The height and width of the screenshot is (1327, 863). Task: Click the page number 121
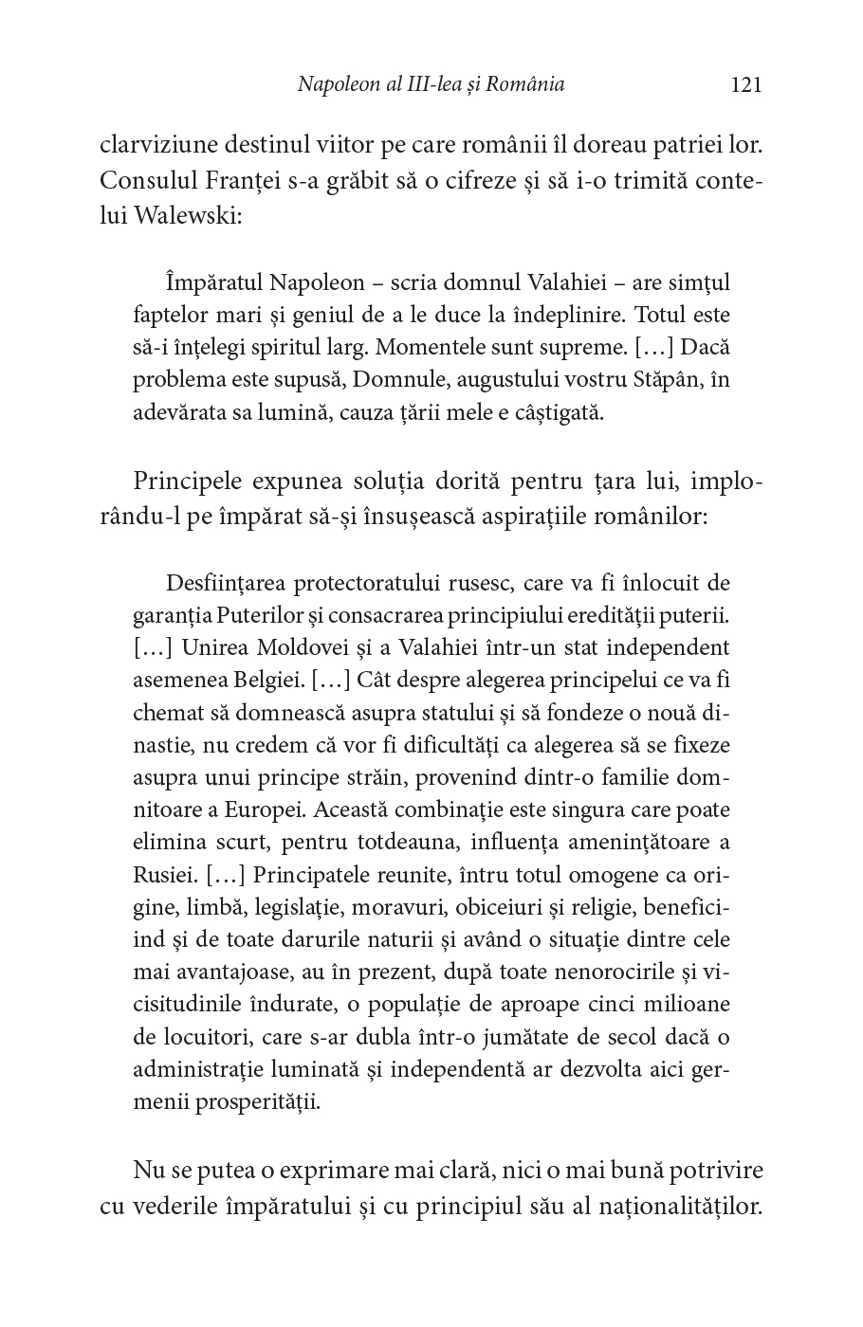point(746,85)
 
